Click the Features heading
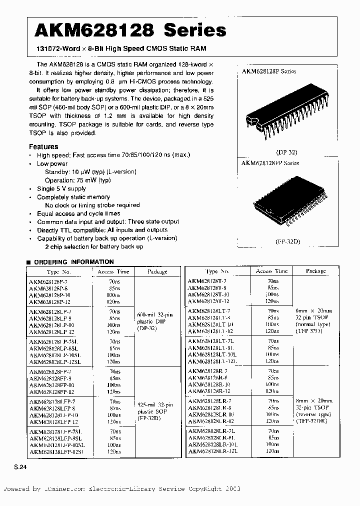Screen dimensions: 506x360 [43, 146]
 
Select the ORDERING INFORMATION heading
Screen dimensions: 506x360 [73, 261]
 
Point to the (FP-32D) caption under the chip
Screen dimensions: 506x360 [285, 241]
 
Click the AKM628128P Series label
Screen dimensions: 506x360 [269, 71]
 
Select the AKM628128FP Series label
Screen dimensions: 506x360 [270, 163]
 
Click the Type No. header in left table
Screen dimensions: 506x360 [58, 272]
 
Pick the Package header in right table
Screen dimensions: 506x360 [315, 271]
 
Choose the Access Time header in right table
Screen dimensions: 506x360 [271, 271]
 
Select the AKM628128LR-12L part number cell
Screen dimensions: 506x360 [212, 451]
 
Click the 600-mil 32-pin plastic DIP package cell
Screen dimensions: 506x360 [154, 322]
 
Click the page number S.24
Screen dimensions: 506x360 [19, 466]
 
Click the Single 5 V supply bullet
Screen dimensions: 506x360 [61, 188]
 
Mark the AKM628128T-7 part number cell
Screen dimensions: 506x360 [207, 282]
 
